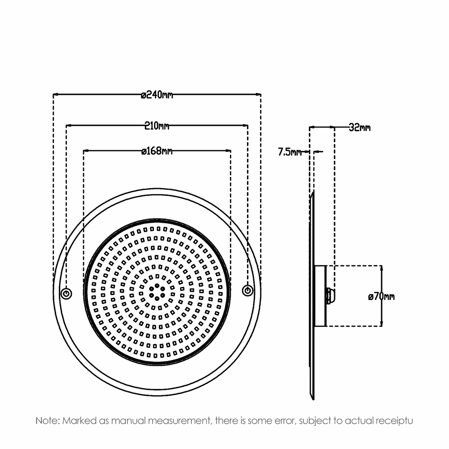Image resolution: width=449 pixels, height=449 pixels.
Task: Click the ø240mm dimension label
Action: click(157, 94)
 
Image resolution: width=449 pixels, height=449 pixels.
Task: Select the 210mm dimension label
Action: click(157, 126)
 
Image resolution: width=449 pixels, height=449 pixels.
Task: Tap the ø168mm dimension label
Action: click(157, 150)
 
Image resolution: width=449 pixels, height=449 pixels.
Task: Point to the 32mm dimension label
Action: click(360, 128)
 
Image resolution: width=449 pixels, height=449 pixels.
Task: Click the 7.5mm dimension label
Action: click(290, 152)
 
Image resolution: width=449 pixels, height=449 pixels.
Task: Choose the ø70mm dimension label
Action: click(381, 296)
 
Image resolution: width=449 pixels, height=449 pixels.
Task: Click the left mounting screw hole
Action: click(66, 294)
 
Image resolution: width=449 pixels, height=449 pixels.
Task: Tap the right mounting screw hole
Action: click(247, 291)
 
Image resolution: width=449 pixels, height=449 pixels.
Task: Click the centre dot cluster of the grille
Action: click(157, 292)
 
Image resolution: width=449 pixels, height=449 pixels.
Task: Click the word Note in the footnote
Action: click(47, 421)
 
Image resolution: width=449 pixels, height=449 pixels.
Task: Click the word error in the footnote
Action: click(286, 421)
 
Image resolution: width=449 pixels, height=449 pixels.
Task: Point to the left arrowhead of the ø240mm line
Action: click(56, 94)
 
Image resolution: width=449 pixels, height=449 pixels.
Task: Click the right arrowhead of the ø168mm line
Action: click(228, 150)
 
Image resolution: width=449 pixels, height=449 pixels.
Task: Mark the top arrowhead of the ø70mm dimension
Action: click(381, 268)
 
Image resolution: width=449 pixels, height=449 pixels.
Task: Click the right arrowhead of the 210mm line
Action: click(245, 125)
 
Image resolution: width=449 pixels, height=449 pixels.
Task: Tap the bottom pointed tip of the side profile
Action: click(313, 399)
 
